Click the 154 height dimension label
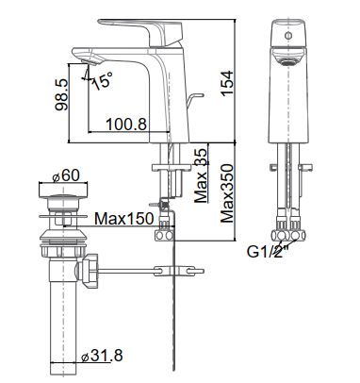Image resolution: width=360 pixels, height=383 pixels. [x=227, y=83]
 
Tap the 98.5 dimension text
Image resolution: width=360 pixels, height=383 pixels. [x=61, y=94]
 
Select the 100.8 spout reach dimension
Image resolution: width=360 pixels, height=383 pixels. [x=126, y=125]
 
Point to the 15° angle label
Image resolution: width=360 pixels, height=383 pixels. [x=103, y=80]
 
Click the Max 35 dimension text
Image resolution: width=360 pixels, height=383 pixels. [x=201, y=175]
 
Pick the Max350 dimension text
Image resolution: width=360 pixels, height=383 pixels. [x=227, y=193]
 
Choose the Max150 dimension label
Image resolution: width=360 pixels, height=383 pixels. [x=124, y=218]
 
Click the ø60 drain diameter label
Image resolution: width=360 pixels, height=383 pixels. [x=66, y=175]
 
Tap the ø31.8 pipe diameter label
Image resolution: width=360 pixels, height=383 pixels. [x=102, y=356]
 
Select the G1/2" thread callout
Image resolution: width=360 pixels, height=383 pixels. [x=268, y=251]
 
